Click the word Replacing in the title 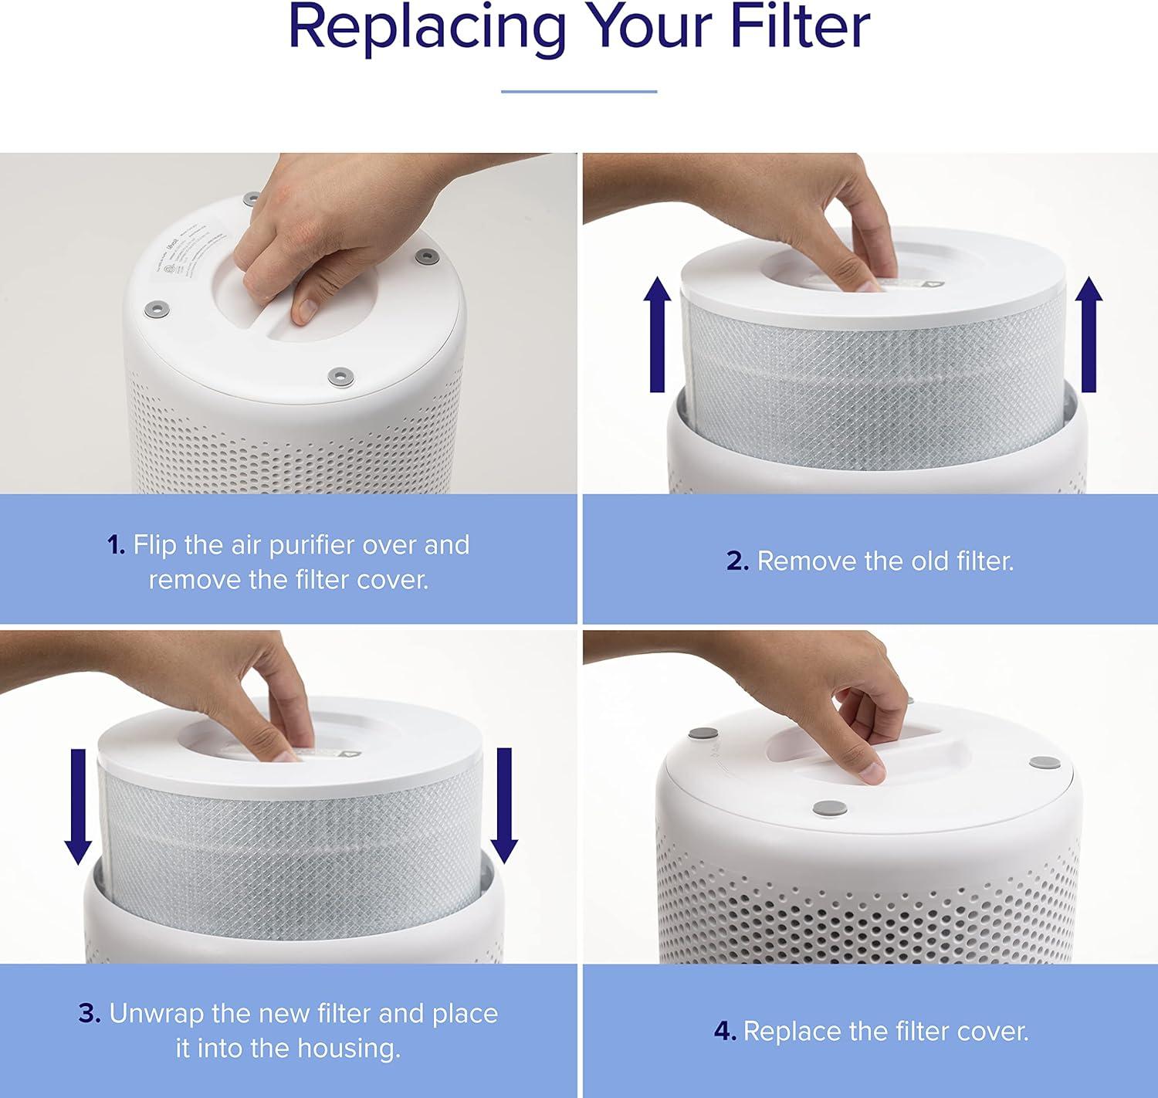point(422,29)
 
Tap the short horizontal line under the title point(579,91)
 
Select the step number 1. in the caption point(116,545)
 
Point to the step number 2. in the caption point(737,561)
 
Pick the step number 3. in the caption point(90,1014)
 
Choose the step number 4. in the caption point(725,1032)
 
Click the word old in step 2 point(929,561)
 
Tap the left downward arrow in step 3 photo point(78,806)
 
